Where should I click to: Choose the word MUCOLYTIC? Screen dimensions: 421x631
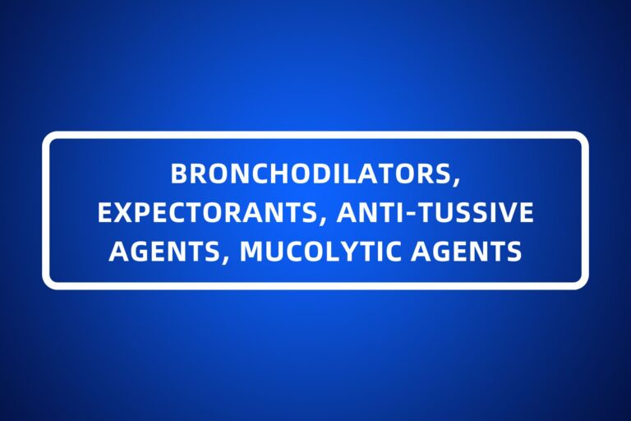click(325, 251)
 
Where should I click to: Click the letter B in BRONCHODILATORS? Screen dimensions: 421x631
click(177, 173)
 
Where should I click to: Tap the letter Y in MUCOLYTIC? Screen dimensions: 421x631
click(348, 251)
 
